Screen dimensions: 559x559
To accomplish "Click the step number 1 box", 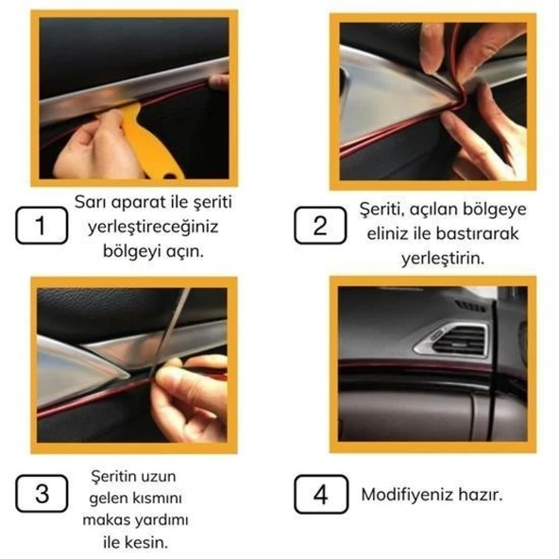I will [x=41, y=227].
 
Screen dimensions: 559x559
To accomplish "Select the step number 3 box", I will [x=41, y=495].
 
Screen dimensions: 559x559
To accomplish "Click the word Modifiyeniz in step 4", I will [x=410, y=495].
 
